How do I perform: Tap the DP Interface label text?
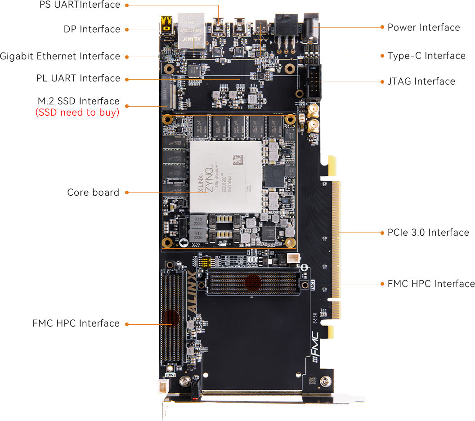pyautogui.click(x=92, y=29)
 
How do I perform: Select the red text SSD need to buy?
pyautogui.click(x=77, y=112)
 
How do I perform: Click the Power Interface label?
pyautogui.click(x=424, y=27)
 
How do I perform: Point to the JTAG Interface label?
pyautogui.click(x=421, y=81)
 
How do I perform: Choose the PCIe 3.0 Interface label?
pyautogui.click(x=428, y=233)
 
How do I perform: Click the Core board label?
pyautogui.click(x=93, y=193)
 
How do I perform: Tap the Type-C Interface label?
pyautogui.click(x=426, y=56)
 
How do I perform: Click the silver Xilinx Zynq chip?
pyautogui.click(x=225, y=176)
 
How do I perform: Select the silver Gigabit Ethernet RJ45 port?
pyautogui.click(x=191, y=31)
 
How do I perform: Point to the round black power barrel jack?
pyautogui.click(x=311, y=24)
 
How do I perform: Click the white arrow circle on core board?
pyautogui.click(x=184, y=243)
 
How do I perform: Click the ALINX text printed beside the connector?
pyautogui.click(x=192, y=293)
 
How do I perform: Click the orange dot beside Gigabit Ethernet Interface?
pyautogui.click(x=127, y=57)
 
